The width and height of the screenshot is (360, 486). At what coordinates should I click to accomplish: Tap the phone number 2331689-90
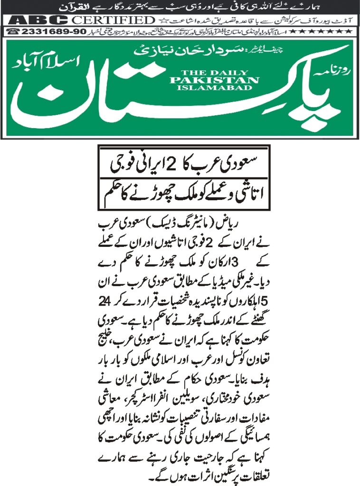[x=50, y=32]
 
